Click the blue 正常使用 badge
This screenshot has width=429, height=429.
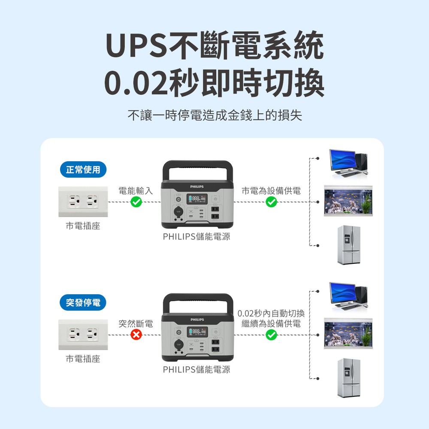(83, 169)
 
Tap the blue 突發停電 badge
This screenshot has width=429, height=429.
(83, 302)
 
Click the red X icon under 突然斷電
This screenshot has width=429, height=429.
(136, 335)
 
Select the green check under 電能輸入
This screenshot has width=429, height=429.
(136, 202)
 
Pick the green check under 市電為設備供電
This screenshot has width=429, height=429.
(271, 202)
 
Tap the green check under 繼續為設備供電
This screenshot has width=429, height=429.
(271, 335)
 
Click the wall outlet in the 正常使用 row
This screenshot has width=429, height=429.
(83, 202)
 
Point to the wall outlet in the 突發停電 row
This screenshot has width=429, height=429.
(83, 334)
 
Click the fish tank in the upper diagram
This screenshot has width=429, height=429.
(348, 200)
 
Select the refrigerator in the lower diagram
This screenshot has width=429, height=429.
(349, 378)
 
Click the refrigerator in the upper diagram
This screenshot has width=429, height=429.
(349, 245)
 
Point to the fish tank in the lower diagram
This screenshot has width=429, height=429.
(348, 333)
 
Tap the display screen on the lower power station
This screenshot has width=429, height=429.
(197, 332)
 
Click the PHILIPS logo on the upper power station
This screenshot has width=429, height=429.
(197, 187)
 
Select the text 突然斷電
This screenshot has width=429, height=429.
(136, 323)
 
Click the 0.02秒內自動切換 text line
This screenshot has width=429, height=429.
(271, 313)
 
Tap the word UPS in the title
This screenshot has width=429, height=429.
(136, 45)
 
